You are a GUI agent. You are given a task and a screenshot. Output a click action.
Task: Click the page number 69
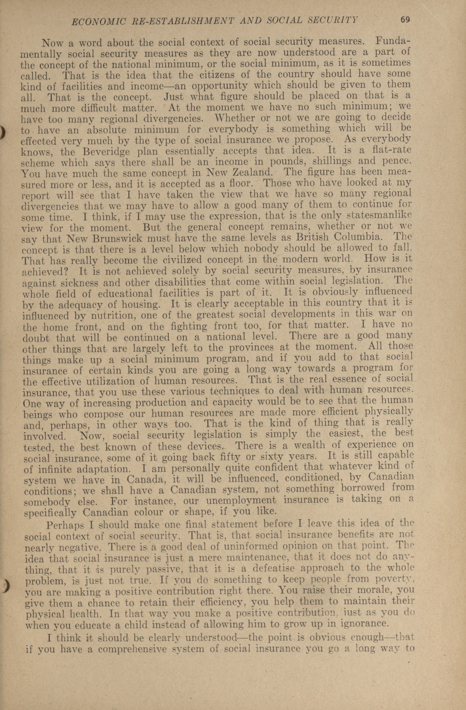[405, 20]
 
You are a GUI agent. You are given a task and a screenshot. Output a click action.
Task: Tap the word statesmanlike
[383, 215]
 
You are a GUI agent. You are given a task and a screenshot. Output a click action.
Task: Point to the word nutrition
[73, 316]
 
